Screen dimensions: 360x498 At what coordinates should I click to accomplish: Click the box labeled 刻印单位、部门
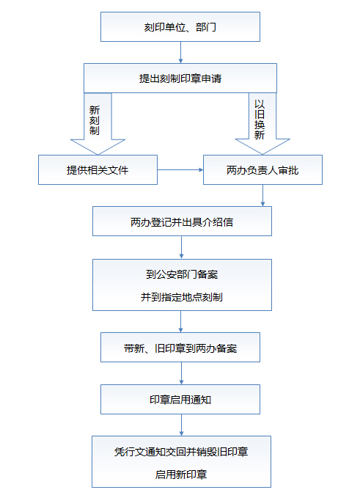pyautogui.click(x=180, y=27)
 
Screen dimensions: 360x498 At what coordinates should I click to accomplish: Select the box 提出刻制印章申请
pyautogui.click(x=180, y=78)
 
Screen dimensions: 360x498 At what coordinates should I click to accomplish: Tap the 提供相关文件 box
pyautogui.click(x=98, y=170)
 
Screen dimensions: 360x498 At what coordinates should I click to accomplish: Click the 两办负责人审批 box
pyautogui.click(x=262, y=170)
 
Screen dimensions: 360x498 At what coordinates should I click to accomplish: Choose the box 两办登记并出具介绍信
pyautogui.click(x=182, y=221)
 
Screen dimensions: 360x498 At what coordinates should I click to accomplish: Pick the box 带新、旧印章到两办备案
pyautogui.click(x=180, y=348)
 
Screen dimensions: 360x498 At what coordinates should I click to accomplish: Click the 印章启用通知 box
pyautogui.click(x=180, y=400)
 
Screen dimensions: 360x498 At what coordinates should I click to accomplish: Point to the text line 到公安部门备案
pyautogui.click(x=182, y=274)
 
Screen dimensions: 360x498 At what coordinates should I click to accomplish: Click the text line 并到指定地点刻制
pyautogui.click(x=182, y=297)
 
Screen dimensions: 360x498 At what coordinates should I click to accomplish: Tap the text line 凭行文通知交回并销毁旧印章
pyautogui.click(x=181, y=452)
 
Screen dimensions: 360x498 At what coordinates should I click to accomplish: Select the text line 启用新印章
pyautogui.click(x=181, y=475)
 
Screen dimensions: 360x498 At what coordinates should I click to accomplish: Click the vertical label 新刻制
pyautogui.click(x=95, y=120)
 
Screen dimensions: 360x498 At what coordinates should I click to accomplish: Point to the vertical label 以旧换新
pyautogui.click(x=260, y=120)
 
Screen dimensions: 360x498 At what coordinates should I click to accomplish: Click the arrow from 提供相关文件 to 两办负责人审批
pyautogui.click(x=180, y=170)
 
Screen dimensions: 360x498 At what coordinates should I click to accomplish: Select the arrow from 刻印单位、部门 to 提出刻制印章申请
pyautogui.click(x=180, y=52)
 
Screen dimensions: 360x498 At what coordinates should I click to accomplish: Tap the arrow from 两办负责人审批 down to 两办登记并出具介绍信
pyautogui.click(x=262, y=195)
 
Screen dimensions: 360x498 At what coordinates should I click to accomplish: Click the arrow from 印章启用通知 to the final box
pyautogui.click(x=181, y=425)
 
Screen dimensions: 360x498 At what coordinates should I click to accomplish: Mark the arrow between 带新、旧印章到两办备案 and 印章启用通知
pyautogui.click(x=181, y=373)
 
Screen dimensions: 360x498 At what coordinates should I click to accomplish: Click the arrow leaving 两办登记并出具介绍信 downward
pyautogui.click(x=181, y=247)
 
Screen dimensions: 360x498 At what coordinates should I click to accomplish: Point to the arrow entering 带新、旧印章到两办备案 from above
pyautogui.click(x=180, y=321)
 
